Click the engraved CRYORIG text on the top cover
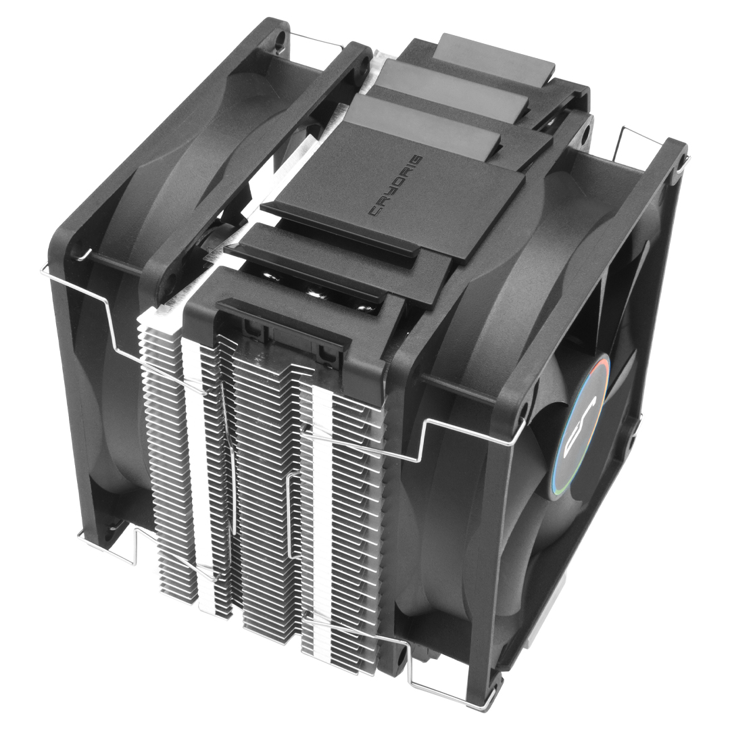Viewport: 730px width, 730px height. pyautogui.click(x=396, y=185)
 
